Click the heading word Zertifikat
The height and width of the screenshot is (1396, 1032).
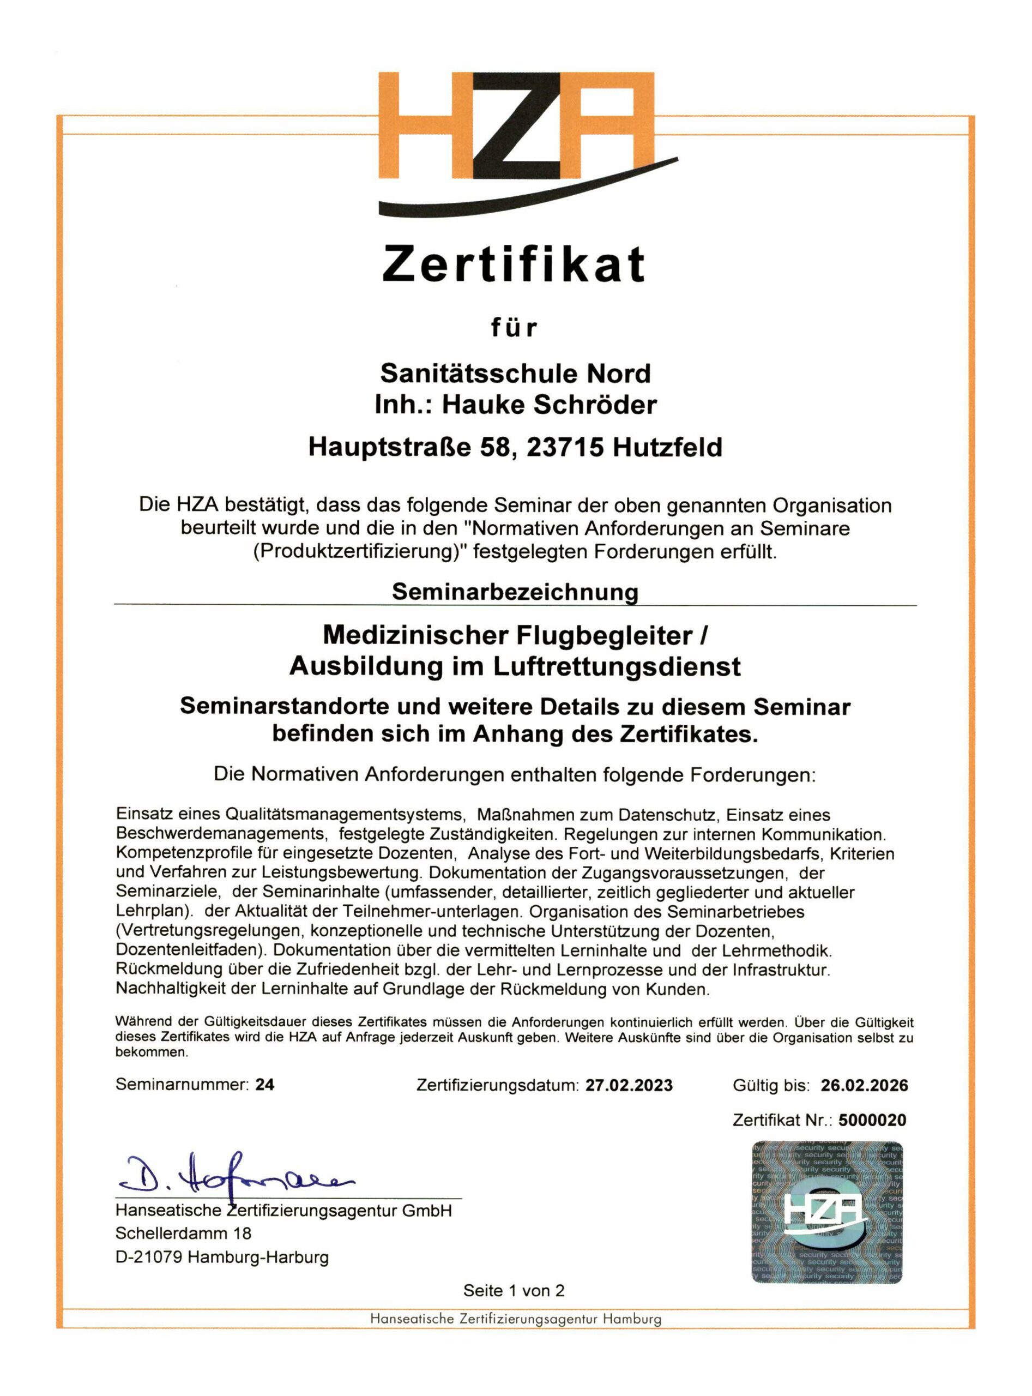coord(514,264)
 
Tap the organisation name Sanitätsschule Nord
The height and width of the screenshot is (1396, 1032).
coord(515,374)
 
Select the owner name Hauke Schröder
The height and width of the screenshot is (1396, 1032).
coord(549,405)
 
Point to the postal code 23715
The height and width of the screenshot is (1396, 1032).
coord(565,447)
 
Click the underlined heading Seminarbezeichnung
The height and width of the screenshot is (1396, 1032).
coord(515,591)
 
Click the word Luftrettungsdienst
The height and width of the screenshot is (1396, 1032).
coord(617,667)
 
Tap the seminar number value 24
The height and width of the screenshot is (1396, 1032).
coord(264,1084)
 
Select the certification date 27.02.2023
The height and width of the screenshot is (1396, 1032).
coord(629,1085)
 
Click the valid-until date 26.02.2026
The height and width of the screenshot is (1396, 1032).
coord(864,1085)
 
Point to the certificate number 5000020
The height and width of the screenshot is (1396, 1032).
coord(872,1120)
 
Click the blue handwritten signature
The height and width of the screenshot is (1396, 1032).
coord(237,1174)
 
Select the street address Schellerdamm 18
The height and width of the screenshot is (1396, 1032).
coord(183,1233)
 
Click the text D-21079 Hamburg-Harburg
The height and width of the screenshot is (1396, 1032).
coord(222,1256)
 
